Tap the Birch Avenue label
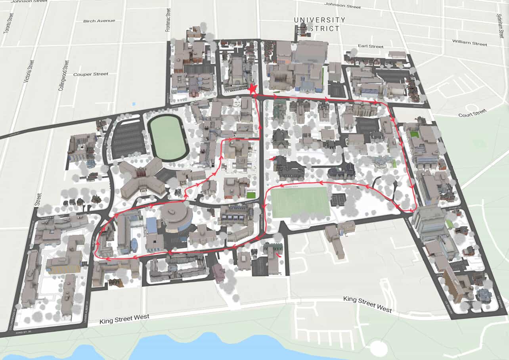click(99, 21)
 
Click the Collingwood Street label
click(63, 75)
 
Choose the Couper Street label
click(91, 74)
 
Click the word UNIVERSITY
click(319, 20)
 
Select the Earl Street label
click(370, 46)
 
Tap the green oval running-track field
click(168, 137)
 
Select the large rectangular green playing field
click(300, 202)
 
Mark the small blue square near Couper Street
click(132, 104)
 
